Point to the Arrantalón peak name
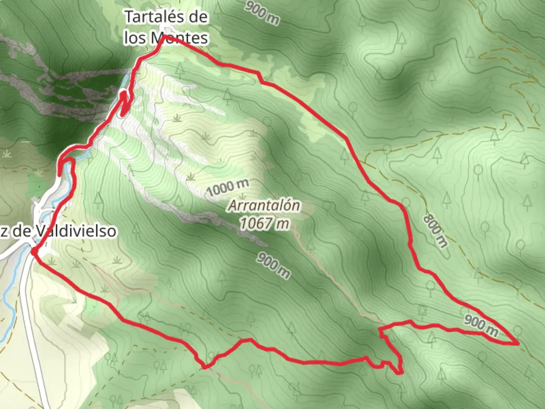tap(264, 206)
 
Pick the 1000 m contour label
tap(228, 188)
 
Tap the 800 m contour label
tap(435, 231)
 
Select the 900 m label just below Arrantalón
tap(273, 265)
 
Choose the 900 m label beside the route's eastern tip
tap(481, 325)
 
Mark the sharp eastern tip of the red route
tap(517, 343)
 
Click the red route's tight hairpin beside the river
tap(123, 102)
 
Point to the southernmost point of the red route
tap(400, 373)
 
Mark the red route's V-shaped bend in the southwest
tap(205, 367)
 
